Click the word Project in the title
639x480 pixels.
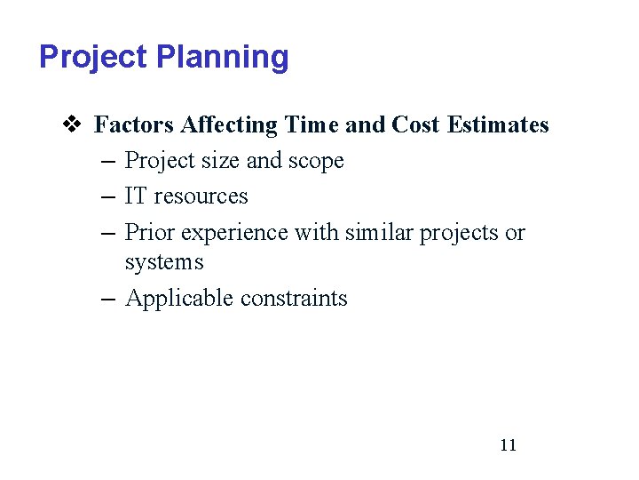93,57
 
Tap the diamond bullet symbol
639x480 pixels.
75,124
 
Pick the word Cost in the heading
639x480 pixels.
415,124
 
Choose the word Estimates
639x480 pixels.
498,124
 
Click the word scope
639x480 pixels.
316,161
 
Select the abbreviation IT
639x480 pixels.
136,196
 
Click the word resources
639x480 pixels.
201,196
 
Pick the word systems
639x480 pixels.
164,262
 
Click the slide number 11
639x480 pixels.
508,445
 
